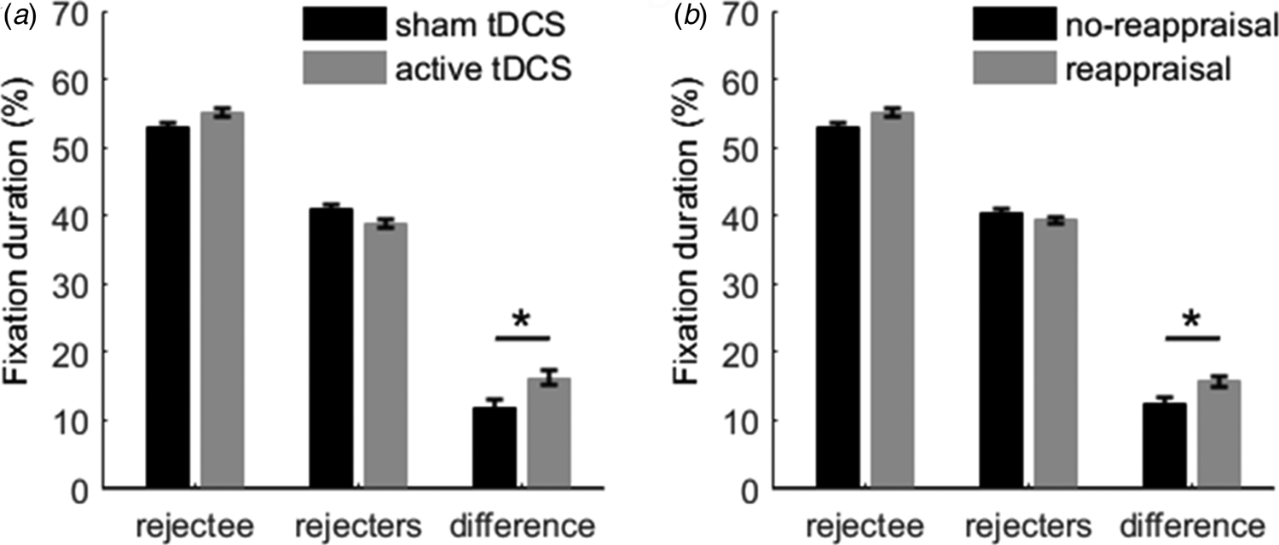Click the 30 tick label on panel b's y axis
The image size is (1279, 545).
[741, 284]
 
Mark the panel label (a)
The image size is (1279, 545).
[16, 16]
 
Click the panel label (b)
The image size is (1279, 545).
[687, 16]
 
